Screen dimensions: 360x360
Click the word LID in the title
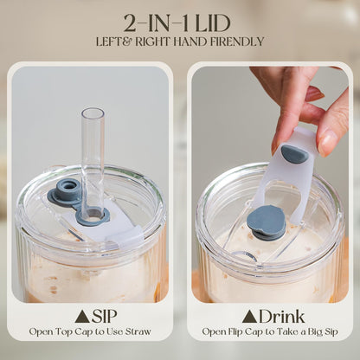tap(213, 23)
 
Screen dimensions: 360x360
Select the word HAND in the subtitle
tap(186, 42)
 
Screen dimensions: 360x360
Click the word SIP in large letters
tap(105, 317)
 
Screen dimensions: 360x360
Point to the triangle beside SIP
tap(82, 317)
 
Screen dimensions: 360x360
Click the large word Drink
tap(281, 317)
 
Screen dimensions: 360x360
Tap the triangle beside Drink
tap(250, 317)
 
